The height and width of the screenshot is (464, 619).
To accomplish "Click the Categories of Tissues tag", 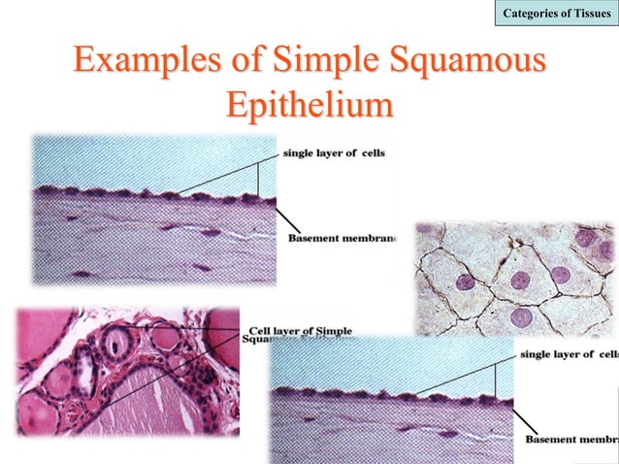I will (555, 13).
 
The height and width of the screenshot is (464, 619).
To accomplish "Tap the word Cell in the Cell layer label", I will (262, 332).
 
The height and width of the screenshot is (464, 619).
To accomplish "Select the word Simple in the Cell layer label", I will (333, 332).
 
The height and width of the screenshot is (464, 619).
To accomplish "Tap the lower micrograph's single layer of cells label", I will (569, 354).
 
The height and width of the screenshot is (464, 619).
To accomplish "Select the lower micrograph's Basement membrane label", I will (571, 440).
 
